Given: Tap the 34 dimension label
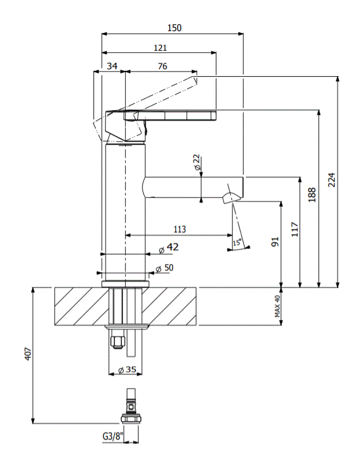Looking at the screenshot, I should pyautogui.click(x=112, y=66).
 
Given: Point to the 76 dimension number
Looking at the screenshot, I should pyautogui.click(x=162, y=66).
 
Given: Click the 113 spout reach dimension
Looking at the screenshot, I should pyautogui.click(x=179, y=229).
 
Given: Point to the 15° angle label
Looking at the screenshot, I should pyautogui.click(x=237, y=243).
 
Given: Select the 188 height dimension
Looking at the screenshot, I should pyautogui.click(x=312, y=194).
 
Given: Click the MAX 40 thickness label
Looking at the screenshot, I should pyautogui.click(x=277, y=306).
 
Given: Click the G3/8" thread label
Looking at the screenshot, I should pyautogui.click(x=112, y=436).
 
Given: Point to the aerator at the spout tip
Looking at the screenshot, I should pyautogui.click(x=229, y=197).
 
